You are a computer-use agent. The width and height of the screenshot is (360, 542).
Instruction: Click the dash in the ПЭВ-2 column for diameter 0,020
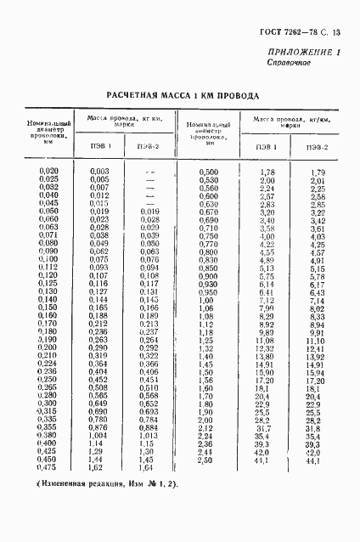tap(149, 172)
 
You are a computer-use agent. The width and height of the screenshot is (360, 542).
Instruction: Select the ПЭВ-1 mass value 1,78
tap(267, 172)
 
